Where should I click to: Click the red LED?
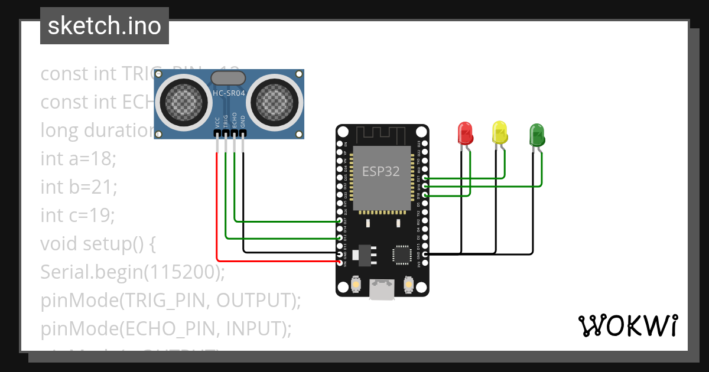(x=466, y=133)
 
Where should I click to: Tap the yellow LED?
(x=500, y=133)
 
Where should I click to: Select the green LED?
(x=536, y=135)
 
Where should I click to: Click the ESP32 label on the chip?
(x=380, y=172)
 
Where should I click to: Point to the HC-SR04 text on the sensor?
(x=229, y=93)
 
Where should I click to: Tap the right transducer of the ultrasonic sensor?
(x=274, y=100)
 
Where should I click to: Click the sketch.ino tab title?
(x=105, y=26)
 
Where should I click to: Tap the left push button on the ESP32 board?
(x=356, y=285)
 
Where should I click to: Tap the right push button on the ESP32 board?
(x=408, y=285)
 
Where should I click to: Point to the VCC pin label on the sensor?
(x=217, y=122)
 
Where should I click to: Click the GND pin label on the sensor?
(x=243, y=122)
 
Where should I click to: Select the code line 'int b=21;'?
(x=79, y=187)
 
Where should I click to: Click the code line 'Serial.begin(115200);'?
(x=133, y=272)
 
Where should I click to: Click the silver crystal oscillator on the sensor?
(x=227, y=77)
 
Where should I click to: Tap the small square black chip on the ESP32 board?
(x=401, y=254)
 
